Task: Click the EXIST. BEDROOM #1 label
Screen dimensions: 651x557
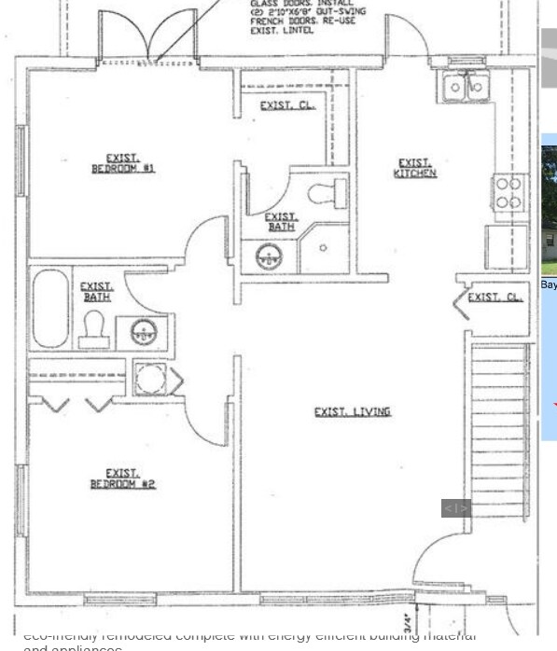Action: [x=122, y=163]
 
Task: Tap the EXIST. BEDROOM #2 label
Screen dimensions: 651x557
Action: [x=122, y=478]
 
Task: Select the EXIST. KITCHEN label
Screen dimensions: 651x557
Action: [x=415, y=169]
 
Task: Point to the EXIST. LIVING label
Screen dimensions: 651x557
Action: [x=352, y=411]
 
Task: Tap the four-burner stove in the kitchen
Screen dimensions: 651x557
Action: [x=508, y=193]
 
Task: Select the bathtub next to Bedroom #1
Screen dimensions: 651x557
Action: [x=50, y=309]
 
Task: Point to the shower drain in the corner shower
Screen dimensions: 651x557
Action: [x=324, y=249]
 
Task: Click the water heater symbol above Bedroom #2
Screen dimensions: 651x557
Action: [x=150, y=379]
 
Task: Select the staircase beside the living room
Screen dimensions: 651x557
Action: [x=498, y=430]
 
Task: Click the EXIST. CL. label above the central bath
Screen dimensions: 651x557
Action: [x=286, y=105]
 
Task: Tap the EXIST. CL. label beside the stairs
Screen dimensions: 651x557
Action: [x=494, y=298]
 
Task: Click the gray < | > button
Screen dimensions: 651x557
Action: [x=455, y=508]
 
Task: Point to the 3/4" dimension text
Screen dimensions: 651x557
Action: [x=408, y=621]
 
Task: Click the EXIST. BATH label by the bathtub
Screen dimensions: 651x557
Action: [x=96, y=292]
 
